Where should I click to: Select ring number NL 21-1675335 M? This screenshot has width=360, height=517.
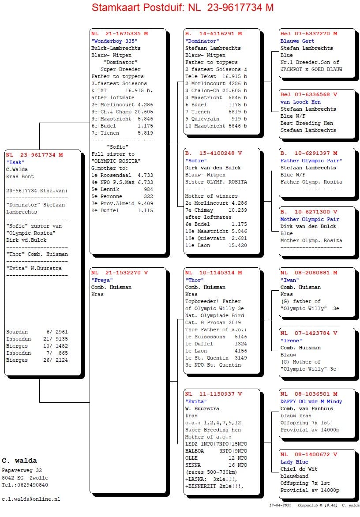pyautogui.click(x=120, y=34)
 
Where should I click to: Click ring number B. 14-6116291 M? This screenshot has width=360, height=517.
pyautogui.click(x=214, y=34)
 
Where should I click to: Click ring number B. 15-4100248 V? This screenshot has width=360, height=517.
pyautogui.click(x=214, y=154)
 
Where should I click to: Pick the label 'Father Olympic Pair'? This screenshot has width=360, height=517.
pyautogui.click(x=311, y=161)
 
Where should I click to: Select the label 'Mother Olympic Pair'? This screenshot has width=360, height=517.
pyautogui.click(x=311, y=219)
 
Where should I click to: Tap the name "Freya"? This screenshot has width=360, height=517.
pyautogui.click(x=102, y=280)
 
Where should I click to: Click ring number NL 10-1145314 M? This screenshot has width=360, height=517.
pyautogui.click(x=214, y=273)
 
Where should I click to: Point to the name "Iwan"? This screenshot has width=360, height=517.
pyautogui.click(x=290, y=280)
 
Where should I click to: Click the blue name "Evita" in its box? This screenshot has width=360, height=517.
pyautogui.click(x=196, y=401)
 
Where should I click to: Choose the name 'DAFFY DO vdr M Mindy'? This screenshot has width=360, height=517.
pyautogui.click(x=311, y=401)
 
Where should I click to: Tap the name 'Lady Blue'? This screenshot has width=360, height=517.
pyautogui.click(x=294, y=462)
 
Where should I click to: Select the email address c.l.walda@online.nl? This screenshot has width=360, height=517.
pyautogui.click(x=31, y=499)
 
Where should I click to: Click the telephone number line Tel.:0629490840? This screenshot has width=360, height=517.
pyautogui.click(x=25, y=485)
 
